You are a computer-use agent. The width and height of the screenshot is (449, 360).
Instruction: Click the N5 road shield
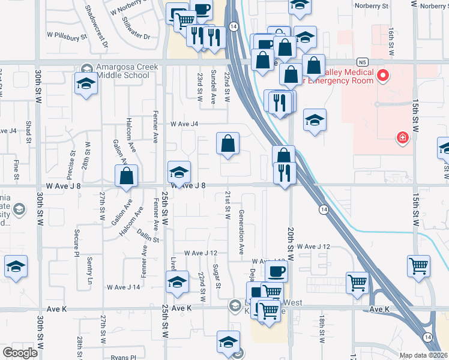(x=361, y=62)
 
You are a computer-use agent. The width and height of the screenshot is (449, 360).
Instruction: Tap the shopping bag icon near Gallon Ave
(x=126, y=176)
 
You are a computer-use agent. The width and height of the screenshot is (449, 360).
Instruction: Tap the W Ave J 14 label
(x=124, y=287)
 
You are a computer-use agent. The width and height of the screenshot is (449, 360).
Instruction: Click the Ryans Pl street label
(x=124, y=357)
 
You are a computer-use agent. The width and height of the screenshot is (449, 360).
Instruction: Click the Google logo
(x=20, y=353)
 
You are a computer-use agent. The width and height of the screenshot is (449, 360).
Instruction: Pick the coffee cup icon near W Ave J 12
(x=276, y=271)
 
